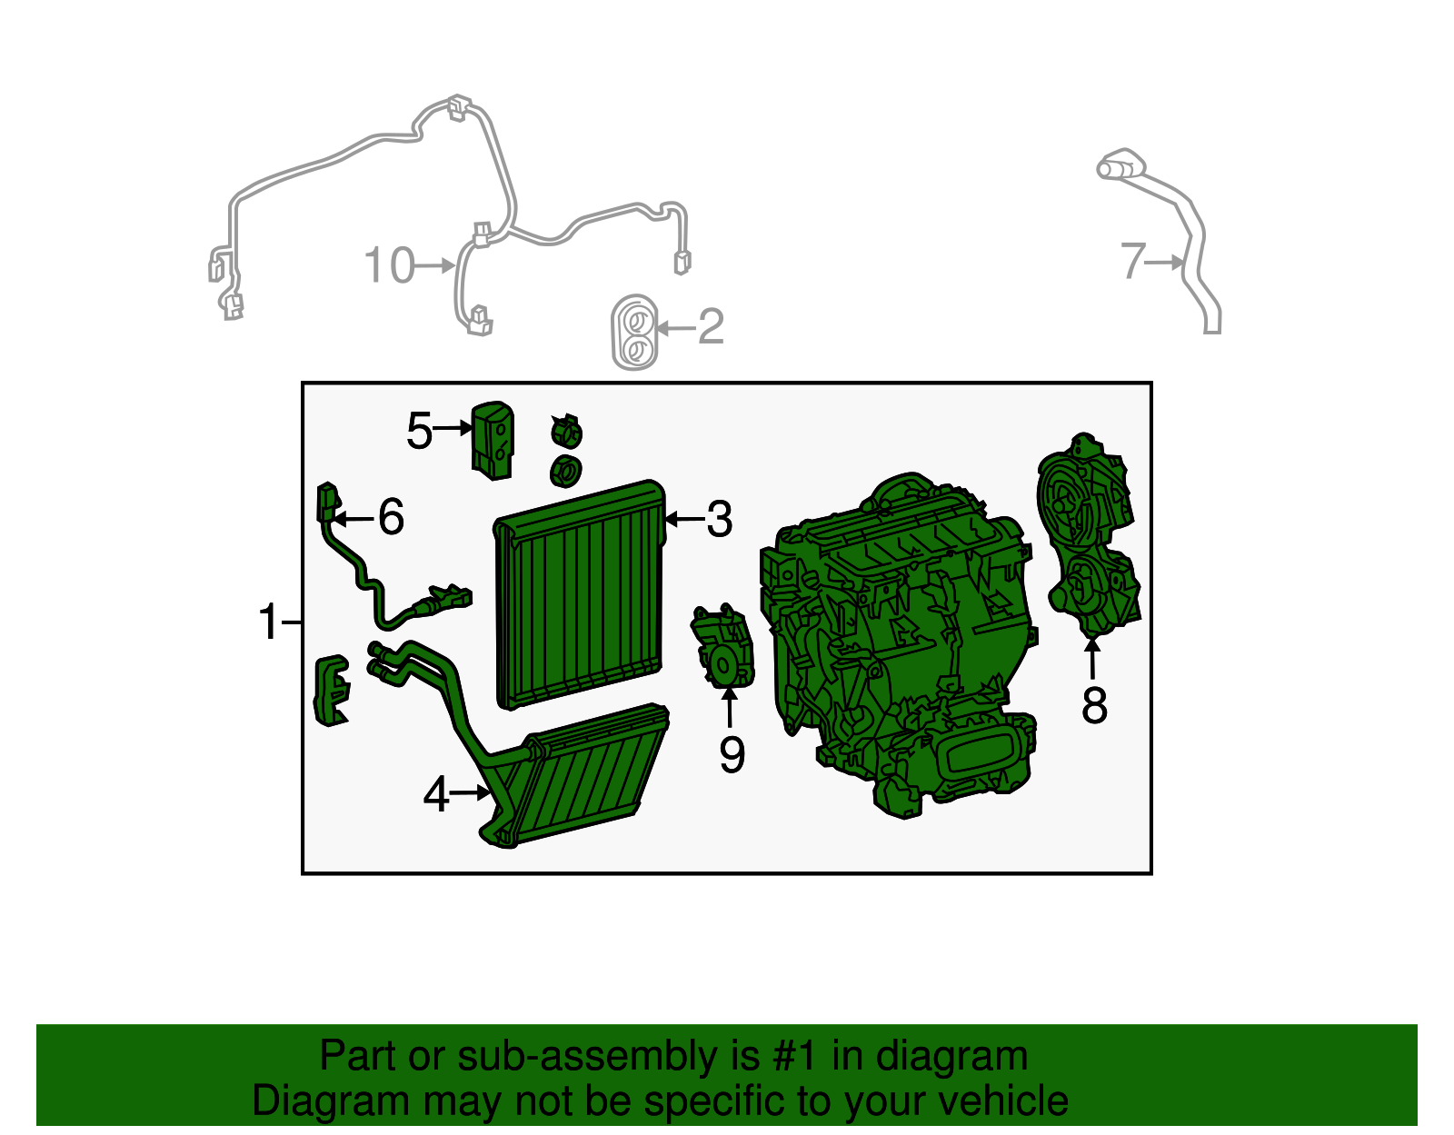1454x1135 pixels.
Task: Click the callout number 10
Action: (389, 265)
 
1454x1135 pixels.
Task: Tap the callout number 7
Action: (1133, 261)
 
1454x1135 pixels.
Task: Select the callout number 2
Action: (711, 327)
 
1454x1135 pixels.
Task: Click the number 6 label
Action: (392, 517)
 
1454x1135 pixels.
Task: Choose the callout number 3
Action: (720, 520)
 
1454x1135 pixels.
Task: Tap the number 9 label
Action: (732, 754)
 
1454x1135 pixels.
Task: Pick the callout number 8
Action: (1094, 705)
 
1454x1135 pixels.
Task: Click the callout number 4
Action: (436, 795)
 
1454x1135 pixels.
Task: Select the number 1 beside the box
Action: (268, 622)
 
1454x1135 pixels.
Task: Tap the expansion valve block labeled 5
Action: (493, 442)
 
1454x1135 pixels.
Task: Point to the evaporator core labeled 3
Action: (580, 594)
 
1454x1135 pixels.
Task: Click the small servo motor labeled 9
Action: (722, 646)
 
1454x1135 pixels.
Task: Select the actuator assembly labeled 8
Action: (1088, 535)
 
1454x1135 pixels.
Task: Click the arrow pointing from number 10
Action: (435, 266)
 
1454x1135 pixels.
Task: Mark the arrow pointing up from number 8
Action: (1092, 659)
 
